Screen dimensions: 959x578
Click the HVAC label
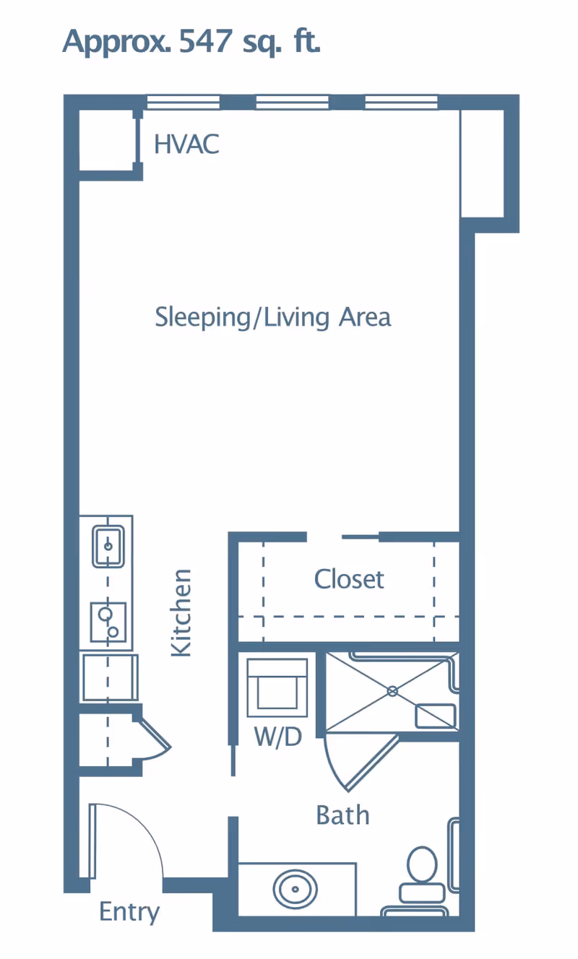(x=186, y=144)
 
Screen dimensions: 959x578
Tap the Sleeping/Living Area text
(x=273, y=317)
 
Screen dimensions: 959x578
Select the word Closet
(x=349, y=579)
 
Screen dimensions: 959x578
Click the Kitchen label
(x=181, y=612)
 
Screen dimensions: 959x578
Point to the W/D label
(x=277, y=737)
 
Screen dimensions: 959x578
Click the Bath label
(x=342, y=815)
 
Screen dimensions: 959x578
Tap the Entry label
(x=129, y=911)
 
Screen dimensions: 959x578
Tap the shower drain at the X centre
(x=392, y=691)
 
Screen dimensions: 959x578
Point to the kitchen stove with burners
(x=108, y=622)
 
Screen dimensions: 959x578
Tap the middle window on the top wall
(x=292, y=103)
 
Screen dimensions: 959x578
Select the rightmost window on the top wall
(x=401, y=103)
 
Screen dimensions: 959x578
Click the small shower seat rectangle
(x=435, y=715)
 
